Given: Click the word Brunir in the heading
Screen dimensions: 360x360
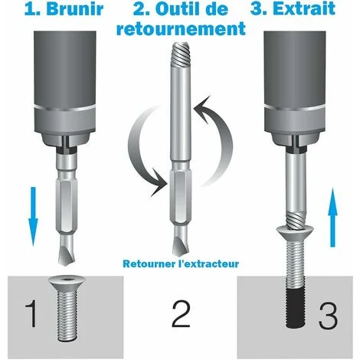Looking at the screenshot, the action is (x=75, y=9).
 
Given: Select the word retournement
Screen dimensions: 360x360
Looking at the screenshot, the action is (x=181, y=28).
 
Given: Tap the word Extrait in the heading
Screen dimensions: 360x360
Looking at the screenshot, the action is (x=304, y=9).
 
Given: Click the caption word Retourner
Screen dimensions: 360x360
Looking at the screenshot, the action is (x=149, y=263).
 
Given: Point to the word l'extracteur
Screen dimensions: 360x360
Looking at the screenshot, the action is (x=208, y=263).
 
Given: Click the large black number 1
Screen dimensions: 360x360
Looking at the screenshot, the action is (x=31, y=314).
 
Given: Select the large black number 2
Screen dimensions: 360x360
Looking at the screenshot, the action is (x=181, y=314).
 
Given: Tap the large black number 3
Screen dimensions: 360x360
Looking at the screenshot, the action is (x=328, y=316).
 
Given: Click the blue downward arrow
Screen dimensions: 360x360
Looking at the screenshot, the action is (x=33, y=217).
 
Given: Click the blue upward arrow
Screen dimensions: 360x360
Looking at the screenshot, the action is (x=332, y=218).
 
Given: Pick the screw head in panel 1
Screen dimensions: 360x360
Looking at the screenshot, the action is (x=67, y=283).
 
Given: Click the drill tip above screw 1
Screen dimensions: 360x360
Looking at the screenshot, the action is (x=66, y=251).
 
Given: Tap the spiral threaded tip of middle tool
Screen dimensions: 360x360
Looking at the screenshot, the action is (x=181, y=54).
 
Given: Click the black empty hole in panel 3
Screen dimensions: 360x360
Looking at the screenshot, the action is (x=296, y=309).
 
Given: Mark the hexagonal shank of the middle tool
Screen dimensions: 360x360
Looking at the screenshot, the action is (x=180, y=195).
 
